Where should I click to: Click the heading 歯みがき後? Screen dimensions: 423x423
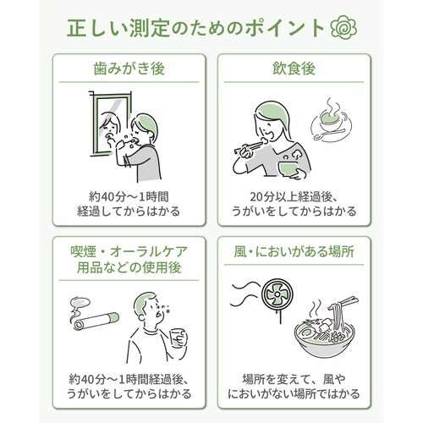point(129,69)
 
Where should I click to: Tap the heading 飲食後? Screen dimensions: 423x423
point(294,69)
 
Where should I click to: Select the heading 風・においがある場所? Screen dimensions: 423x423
point(294,251)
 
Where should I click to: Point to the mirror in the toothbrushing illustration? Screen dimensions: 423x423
point(111,124)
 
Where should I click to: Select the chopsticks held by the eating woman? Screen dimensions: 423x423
point(248,147)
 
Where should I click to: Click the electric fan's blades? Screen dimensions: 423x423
point(277,295)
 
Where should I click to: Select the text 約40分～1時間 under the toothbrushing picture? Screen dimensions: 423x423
point(129,196)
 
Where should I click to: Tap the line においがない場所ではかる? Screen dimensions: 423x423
point(294,393)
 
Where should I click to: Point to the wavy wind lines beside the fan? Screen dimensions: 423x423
point(245,294)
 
